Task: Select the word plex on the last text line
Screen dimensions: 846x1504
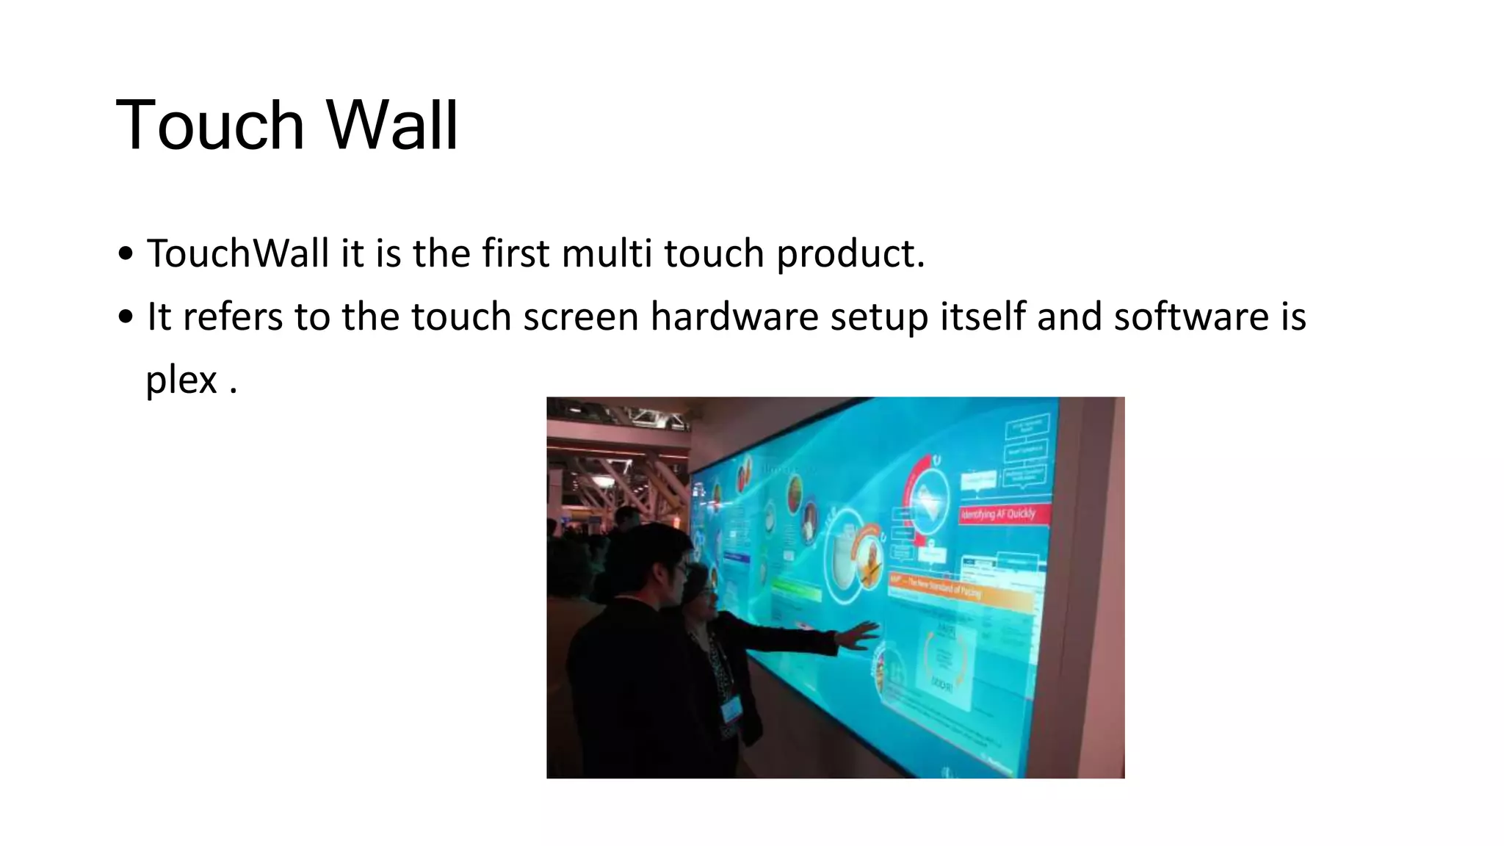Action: pyautogui.click(x=181, y=381)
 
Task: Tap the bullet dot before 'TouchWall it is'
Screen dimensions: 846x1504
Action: pyautogui.click(x=126, y=254)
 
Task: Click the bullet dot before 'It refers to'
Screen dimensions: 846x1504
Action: pyautogui.click(x=126, y=317)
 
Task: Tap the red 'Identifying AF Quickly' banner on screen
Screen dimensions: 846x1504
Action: pyautogui.click(x=999, y=513)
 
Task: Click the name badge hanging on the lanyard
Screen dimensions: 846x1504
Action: pyautogui.click(x=731, y=709)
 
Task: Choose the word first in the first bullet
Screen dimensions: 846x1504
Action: pyautogui.click(x=516, y=253)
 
